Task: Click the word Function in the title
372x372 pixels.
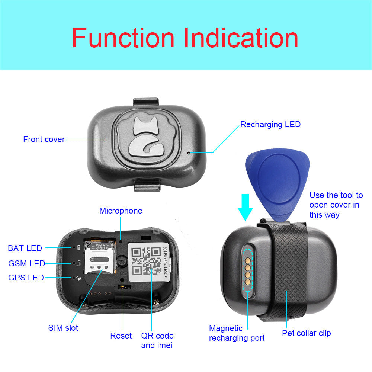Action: click(123, 38)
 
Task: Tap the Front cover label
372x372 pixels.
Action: click(44, 139)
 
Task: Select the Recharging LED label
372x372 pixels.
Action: click(270, 125)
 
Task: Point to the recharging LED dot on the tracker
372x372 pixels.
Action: click(189, 153)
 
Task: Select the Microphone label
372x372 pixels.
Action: click(121, 211)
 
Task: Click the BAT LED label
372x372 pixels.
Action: click(25, 248)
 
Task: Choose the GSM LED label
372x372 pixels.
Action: click(27, 264)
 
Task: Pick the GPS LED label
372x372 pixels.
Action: click(26, 278)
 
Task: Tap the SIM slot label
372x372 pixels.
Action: click(63, 328)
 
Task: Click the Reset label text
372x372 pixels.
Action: click(121, 336)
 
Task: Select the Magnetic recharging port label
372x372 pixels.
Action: click(237, 333)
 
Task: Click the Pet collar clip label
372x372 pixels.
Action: click(306, 333)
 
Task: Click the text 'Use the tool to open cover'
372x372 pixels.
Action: click(336, 200)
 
